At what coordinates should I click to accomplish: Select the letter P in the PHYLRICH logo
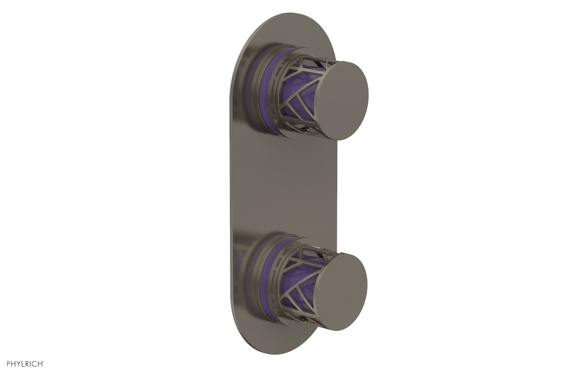point(9,363)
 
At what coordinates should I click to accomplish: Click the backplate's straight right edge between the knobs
point(337,187)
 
